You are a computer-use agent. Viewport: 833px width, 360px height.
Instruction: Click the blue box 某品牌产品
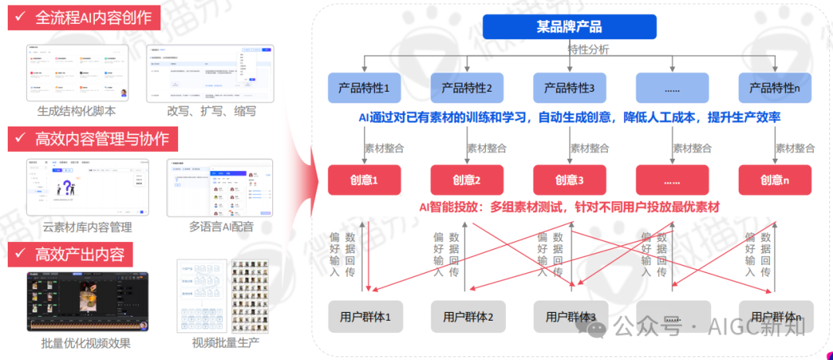tap(569, 27)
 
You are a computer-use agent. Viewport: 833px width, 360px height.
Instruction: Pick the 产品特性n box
tap(774, 88)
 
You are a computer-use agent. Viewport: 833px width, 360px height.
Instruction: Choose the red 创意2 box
tap(467, 180)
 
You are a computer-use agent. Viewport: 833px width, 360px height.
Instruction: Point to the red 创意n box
tap(774, 180)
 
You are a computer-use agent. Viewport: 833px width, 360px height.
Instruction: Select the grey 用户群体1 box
tap(365, 317)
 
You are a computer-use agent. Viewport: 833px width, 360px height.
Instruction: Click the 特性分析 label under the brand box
tap(588, 49)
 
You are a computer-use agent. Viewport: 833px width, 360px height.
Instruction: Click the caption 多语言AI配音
tap(221, 227)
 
